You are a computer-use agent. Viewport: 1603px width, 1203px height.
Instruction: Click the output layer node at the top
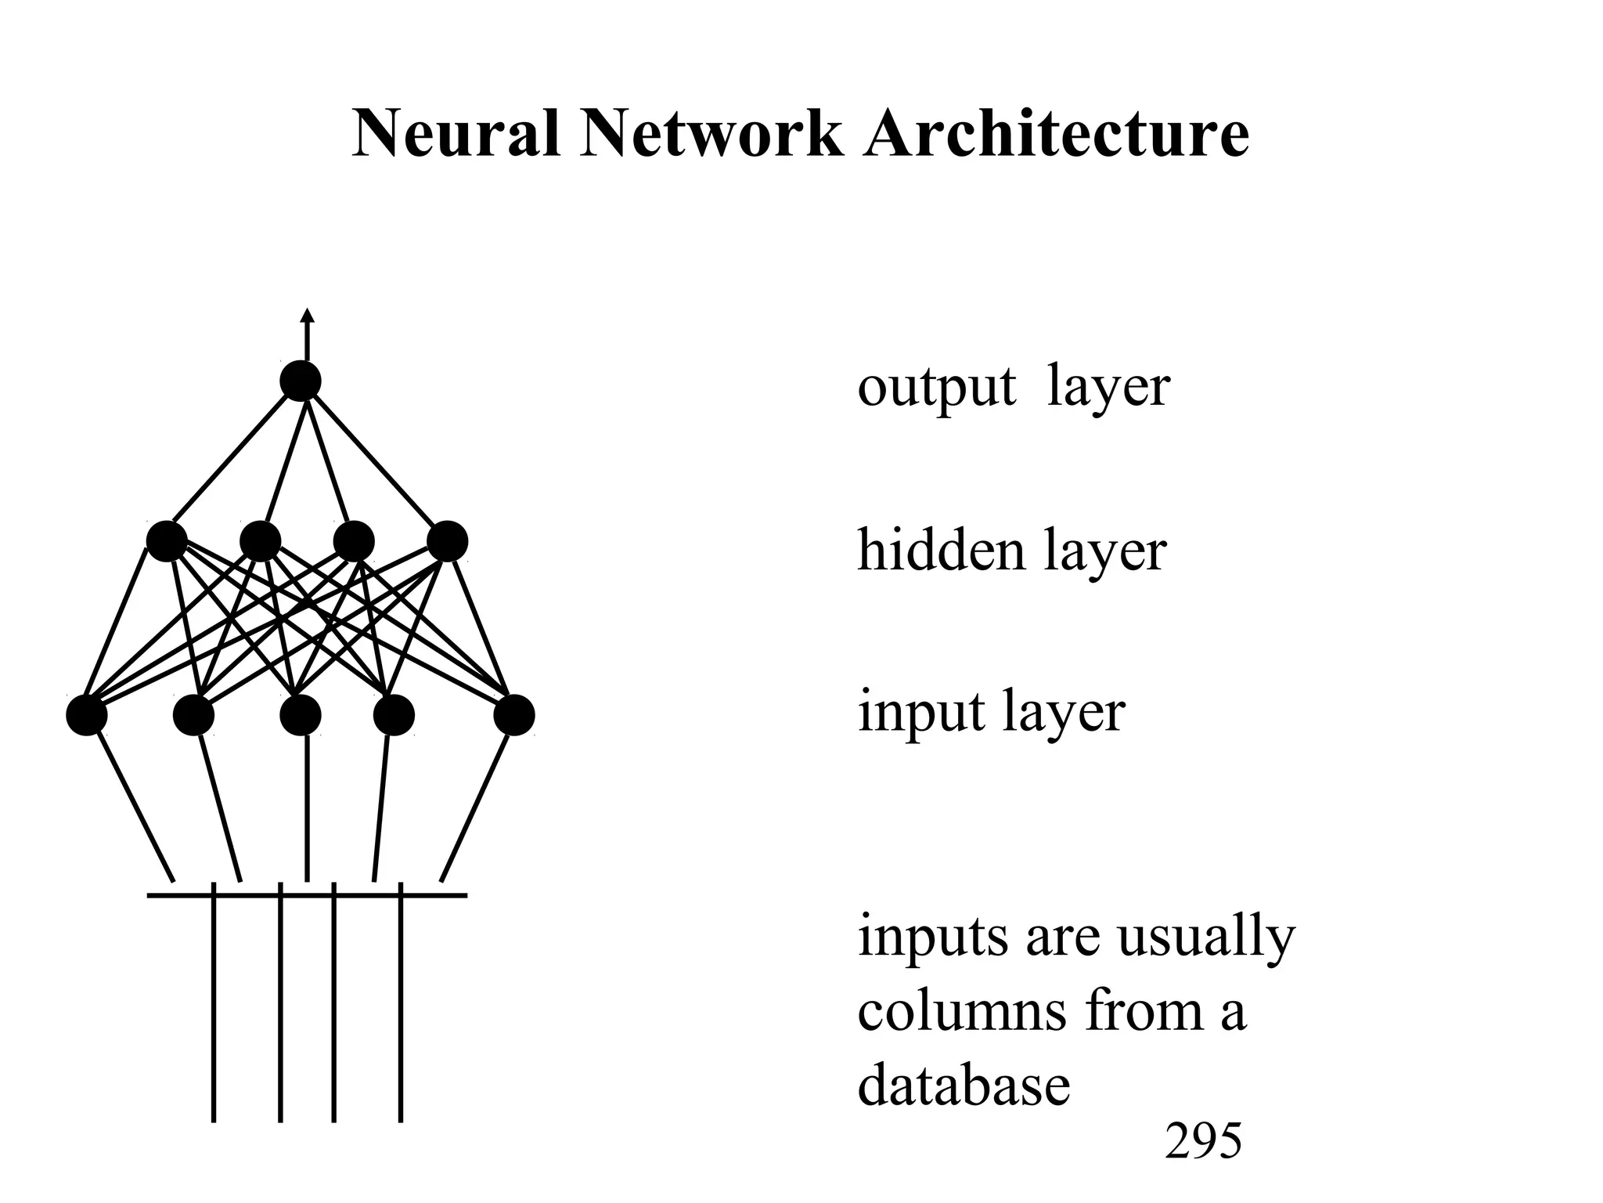click(301, 381)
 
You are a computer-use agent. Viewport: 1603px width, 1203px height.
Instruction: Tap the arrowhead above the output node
click(308, 316)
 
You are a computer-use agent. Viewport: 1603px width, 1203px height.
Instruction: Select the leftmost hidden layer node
click(167, 541)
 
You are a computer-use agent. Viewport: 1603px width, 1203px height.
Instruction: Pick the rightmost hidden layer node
click(448, 541)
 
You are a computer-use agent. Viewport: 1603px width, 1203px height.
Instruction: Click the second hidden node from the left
click(261, 541)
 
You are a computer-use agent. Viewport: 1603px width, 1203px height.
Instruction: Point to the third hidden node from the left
click(354, 541)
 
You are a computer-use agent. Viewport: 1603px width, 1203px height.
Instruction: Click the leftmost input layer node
click(86, 715)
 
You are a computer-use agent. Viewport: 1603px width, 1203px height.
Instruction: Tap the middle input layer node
click(301, 715)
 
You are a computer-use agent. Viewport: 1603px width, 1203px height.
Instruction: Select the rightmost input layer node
click(514, 715)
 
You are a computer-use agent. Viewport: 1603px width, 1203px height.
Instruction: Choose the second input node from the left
click(193, 715)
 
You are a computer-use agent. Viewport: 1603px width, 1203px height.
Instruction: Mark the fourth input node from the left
click(394, 715)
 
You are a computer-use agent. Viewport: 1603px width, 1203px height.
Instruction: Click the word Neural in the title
click(456, 134)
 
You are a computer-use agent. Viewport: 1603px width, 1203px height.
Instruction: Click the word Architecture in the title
click(1056, 134)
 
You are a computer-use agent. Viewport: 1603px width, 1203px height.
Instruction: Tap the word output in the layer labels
click(936, 388)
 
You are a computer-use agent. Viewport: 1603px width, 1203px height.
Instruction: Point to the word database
click(964, 1086)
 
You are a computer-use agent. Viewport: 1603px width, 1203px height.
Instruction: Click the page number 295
click(1203, 1141)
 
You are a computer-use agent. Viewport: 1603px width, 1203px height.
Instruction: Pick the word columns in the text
click(962, 1011)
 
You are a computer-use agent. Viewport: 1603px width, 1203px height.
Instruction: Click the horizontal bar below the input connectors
click(307, 894)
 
